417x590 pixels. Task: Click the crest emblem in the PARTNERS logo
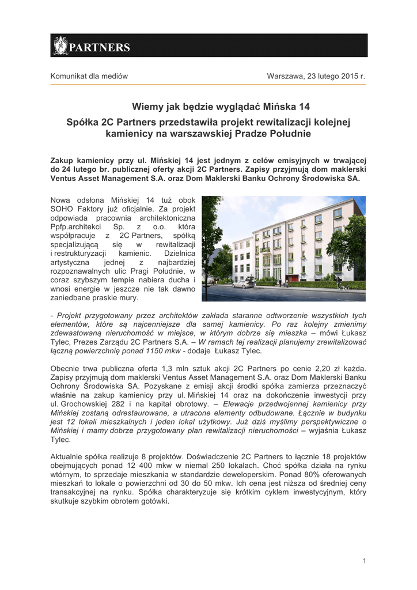point(60,46)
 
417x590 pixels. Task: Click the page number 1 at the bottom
point(364,561)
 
